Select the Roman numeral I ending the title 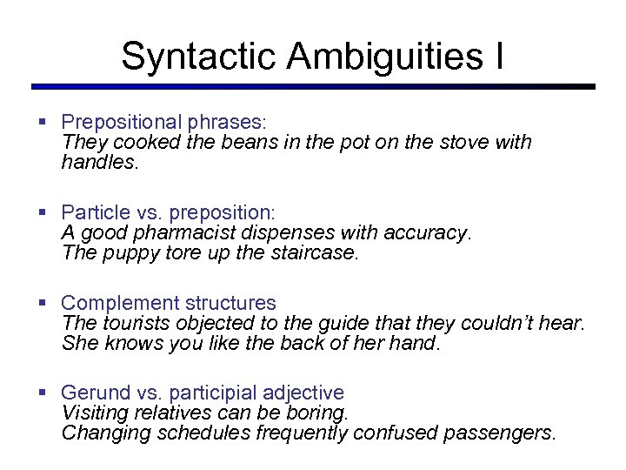[498, 56]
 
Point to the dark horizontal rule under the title [313, 87]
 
